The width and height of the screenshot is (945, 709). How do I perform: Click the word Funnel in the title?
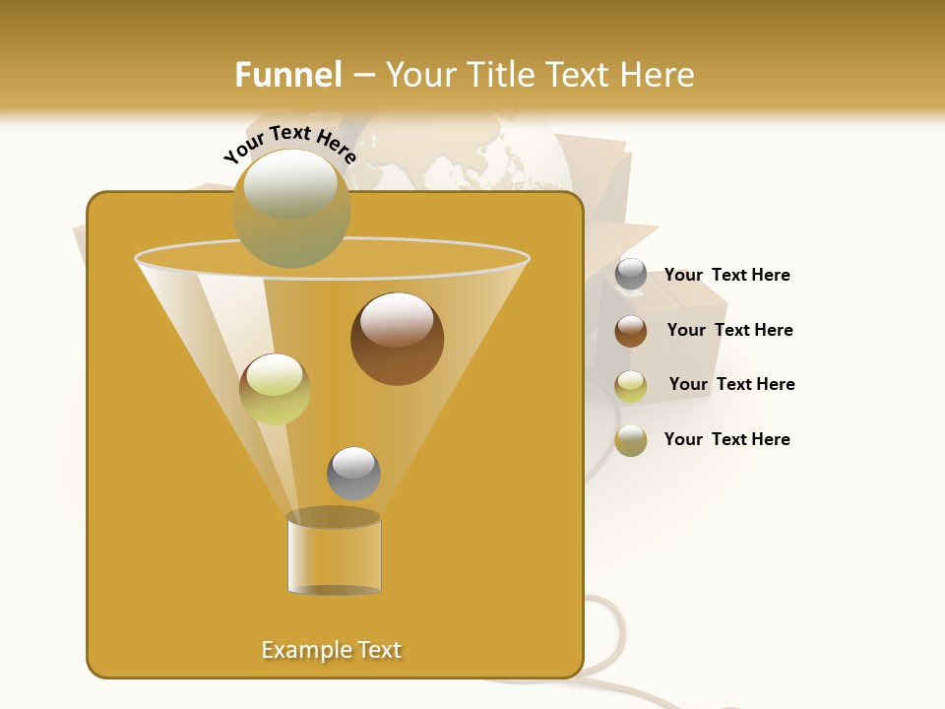(287, 75)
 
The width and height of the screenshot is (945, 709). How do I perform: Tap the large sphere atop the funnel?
(290, 208)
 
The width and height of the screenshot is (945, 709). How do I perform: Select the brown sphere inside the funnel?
(397, 339)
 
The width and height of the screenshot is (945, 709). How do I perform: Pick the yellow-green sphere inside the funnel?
(275, 389)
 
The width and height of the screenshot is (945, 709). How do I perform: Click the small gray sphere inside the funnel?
(353, 473)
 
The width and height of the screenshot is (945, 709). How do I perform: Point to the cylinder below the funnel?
(334, 553)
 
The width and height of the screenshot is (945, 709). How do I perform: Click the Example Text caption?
(332, 650)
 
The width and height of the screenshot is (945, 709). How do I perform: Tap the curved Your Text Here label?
(289, 144)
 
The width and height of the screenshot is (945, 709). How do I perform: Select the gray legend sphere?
(631, 275)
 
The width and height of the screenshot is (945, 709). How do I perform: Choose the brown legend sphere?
(631, 331)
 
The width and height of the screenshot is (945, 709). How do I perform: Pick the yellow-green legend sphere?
(631, 386)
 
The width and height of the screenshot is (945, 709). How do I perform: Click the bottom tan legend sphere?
(631, 440)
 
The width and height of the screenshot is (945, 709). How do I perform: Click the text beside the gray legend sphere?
(726, 276)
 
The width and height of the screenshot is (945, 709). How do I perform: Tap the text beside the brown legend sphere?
(729, 330)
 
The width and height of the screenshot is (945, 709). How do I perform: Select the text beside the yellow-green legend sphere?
(731, 384)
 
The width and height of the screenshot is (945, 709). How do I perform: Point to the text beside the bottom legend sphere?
(726, 439)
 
